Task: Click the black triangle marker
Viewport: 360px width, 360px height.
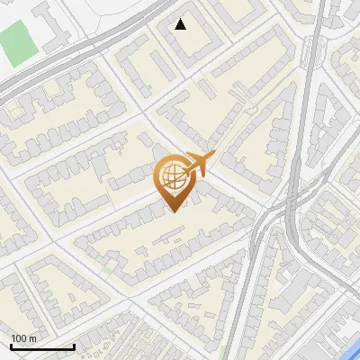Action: click(181, 24)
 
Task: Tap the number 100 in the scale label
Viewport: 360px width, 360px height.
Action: click(19, 337)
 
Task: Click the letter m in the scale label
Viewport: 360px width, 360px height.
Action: click(32, 337)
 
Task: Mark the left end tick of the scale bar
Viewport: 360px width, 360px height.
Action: click(11, 345)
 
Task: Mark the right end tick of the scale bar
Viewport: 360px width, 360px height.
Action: click(74, 345)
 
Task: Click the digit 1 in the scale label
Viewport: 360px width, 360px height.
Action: click(13, 337)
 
